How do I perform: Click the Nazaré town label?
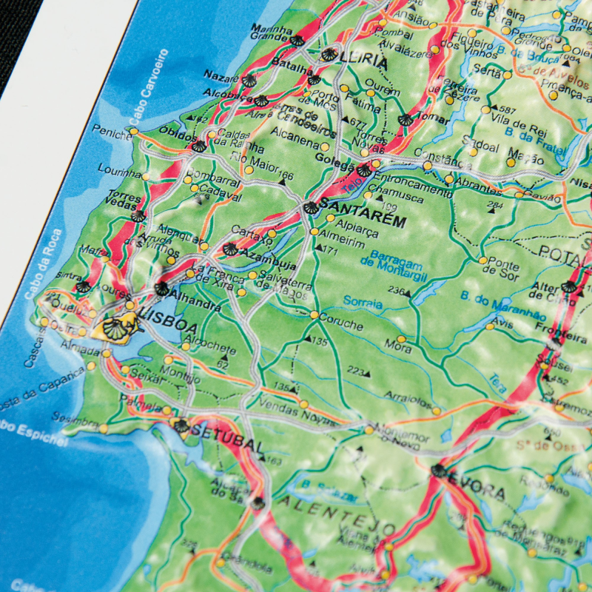(x=221, y=76)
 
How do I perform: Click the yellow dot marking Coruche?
(x=314, y=315)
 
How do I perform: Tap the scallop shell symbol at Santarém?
(x=311, y=207)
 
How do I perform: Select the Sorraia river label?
(x=363, y=303)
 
